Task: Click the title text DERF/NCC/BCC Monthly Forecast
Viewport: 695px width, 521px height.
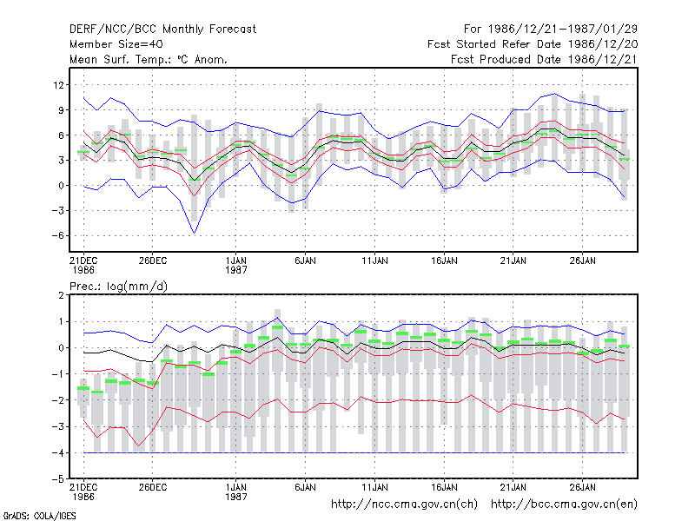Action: [162, 30]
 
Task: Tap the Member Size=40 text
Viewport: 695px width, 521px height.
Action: [116, 44]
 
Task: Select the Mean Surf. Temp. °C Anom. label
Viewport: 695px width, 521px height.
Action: [149, 59]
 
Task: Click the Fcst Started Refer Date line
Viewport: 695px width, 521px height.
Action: [533, 44]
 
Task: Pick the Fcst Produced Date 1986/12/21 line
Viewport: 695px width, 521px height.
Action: [544, 59]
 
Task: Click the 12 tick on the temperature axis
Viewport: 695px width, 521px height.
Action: [58, 84]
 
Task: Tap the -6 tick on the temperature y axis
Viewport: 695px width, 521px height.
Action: [57, 235]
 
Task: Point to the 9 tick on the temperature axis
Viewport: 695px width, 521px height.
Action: [61, 110]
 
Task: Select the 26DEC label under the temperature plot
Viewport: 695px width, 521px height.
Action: [153, 260]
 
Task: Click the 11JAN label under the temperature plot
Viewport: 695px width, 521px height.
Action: [374, 260]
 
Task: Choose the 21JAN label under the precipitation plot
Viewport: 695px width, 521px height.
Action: [513, 487]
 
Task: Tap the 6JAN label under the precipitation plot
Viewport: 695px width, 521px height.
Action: [305, 487]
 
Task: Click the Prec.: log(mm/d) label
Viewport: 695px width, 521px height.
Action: [118, 287]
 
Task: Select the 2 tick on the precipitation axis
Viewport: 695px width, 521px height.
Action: [61, 295]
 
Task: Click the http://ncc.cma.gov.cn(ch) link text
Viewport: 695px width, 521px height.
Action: [404, 505]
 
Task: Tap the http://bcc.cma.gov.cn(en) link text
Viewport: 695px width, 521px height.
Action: [564, 505]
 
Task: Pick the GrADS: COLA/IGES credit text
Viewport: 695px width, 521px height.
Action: [39, 516]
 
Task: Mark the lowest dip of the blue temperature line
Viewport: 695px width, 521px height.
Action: [194, 233]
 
